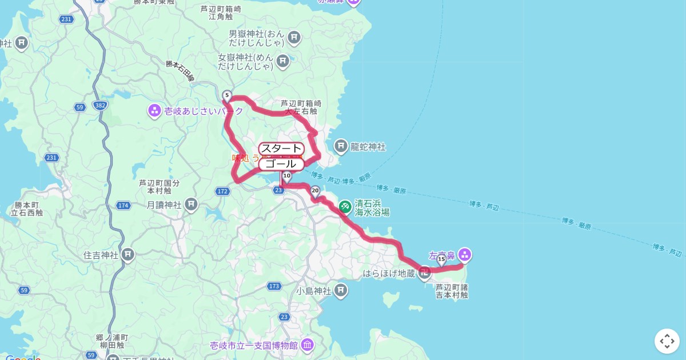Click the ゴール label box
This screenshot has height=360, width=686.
pyautogui.click(x=281, y=164)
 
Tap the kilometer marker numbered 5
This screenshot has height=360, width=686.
pyautogui.click(x=227, y=95)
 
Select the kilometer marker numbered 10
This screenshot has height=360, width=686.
pyautogui.click(x=287, y=176)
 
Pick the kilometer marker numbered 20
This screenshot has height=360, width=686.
pyautogui.click(x=315, y=191)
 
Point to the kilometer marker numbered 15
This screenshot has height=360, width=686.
pyautogui.click(x=441, y=259)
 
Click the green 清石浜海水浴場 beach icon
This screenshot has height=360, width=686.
pyautogui.click(x=345, y=207)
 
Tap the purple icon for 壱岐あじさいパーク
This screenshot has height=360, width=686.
pyautogui.click(x=154, y=111)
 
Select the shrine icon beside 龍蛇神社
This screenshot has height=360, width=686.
pyautogui.click(x=341, y=147)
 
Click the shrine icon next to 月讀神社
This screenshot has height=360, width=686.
pyautogui.click(x=192, y=204)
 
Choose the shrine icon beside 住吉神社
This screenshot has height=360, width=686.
pyautogui.click(x=128, y=254)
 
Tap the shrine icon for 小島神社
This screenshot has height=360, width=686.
pyautogui.click(x=341, y=291)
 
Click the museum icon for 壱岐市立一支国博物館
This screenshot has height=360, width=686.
pyautogui.click(x=308, y=345)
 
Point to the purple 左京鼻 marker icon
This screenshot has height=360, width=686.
pyautogui.click(x=464, y=255)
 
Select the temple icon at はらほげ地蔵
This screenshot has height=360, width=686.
pyautogui.click(x=424, y=273)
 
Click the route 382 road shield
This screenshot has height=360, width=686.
pyautogui.click(x=101, y=106)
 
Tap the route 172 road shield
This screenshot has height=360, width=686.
pyautogui.click(x=223, y=191)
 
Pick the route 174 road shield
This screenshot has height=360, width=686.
pyautogui.click(x=123, y=205)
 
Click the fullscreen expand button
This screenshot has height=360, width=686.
pyautogui.click(x=667, y=341)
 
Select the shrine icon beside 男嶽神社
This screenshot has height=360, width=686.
pyautogui.click(x=294, y=38)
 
